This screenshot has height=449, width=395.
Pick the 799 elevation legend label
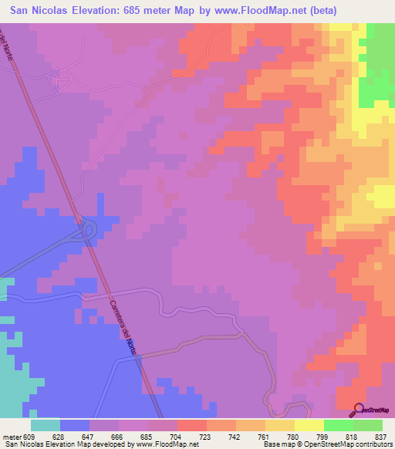pyautogui.click(x=322, y=437)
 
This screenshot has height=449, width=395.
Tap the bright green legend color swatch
pyautogui.click(x=338, y=425)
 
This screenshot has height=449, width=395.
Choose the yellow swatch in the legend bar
pyautogui.click(x=309, y=425)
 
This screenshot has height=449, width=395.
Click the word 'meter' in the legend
pyautogui.click(x=12, y=437)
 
